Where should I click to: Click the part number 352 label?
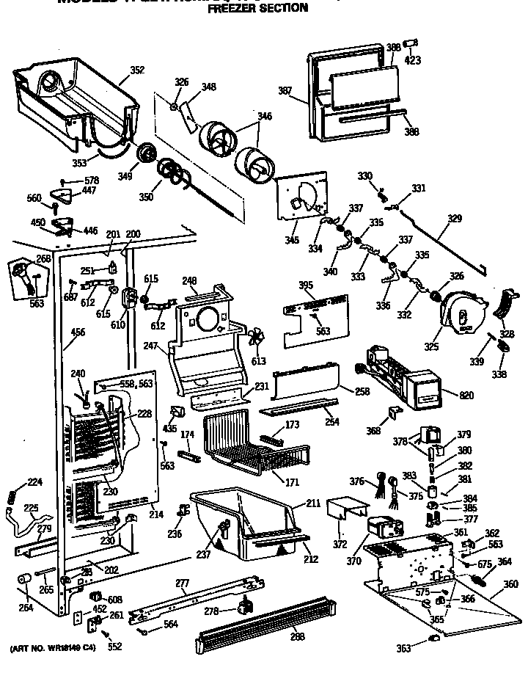pos(137,70)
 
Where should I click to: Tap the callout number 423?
pos(413,61)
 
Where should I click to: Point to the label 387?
pos(285,91)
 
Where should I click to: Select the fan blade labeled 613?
pos(257,339)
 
